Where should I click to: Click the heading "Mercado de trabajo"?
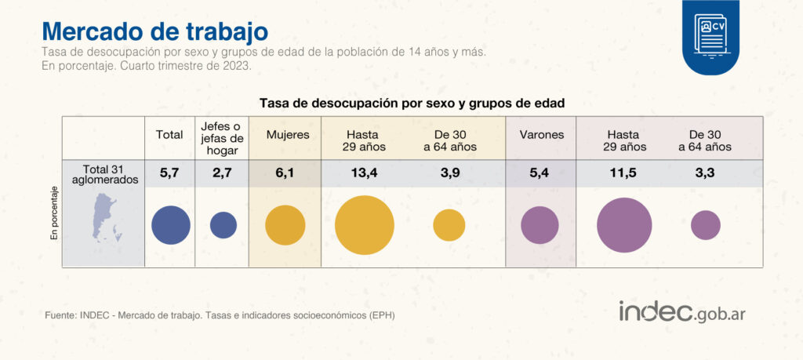154,31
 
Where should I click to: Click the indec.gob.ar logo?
681,311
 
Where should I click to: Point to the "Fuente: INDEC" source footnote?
220,315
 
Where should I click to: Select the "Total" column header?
169,135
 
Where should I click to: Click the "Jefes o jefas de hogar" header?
222,139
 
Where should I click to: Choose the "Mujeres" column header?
288,135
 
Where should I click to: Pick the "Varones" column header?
541,135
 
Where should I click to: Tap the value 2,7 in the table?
223,173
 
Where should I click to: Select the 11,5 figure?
624,173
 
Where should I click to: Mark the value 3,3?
706,173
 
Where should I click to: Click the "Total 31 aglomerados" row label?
104,173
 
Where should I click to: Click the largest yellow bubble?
365,225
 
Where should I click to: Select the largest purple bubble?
624,225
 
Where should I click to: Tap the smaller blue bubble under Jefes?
223,225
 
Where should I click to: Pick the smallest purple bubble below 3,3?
706,225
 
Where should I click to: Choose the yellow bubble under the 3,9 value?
449,225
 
